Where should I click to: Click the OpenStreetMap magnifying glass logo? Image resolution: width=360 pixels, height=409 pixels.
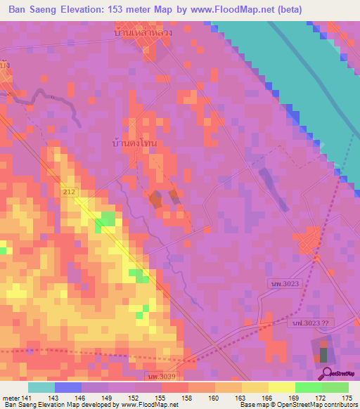pyautogui.click(x=326, y=373)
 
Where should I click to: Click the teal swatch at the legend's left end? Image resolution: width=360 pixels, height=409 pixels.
pyautogui.click(x=41, y=387)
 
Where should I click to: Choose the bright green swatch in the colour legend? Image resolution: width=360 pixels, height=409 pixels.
pyautogui.click(x=308, y=387)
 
